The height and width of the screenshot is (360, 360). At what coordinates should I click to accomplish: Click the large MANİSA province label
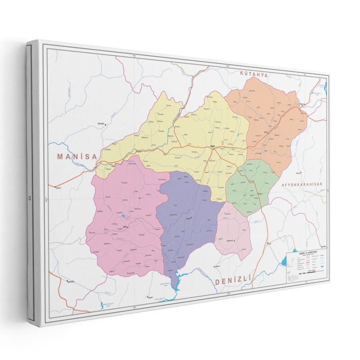[x=77, y=157]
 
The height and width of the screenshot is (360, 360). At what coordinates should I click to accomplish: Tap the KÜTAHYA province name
[x=254, y=74]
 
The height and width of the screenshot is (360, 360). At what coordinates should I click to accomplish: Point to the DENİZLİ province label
[x=232, y=281]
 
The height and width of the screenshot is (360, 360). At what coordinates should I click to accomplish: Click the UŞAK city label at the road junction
[x=213, y=146]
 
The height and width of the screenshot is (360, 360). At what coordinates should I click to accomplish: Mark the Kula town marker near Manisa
[x=55, y=186]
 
